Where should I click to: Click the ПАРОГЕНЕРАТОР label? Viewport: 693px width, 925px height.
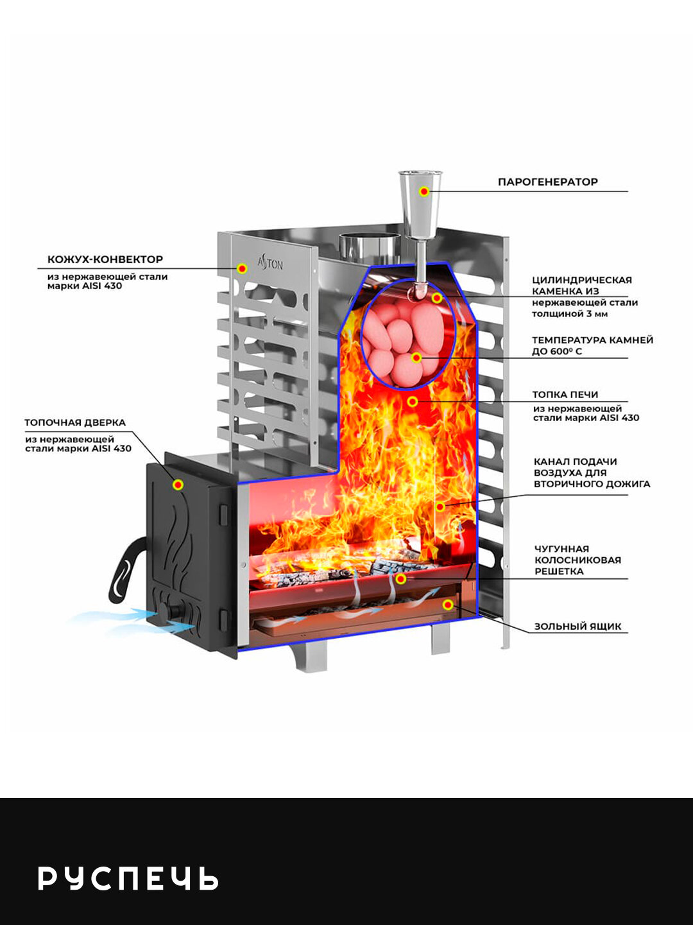[547, 182]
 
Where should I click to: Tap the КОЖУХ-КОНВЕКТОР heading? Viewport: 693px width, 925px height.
[105, 259]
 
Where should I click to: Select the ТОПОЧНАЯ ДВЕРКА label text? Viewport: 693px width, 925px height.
[75, 422]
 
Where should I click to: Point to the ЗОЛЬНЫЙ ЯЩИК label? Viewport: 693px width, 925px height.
[577, 627]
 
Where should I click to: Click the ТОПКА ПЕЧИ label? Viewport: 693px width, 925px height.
[565, 395]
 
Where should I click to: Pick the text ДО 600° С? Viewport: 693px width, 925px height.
[557, 351]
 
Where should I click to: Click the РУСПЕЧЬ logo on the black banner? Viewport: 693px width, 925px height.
[128, 878]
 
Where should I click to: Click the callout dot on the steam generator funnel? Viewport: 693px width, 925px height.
[424, 191]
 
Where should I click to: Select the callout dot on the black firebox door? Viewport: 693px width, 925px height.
[178, 485]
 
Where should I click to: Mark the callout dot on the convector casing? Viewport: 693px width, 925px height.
[242, 268]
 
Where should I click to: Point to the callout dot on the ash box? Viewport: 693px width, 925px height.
[448, 605]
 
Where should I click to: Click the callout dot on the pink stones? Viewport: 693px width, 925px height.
[416, 358]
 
